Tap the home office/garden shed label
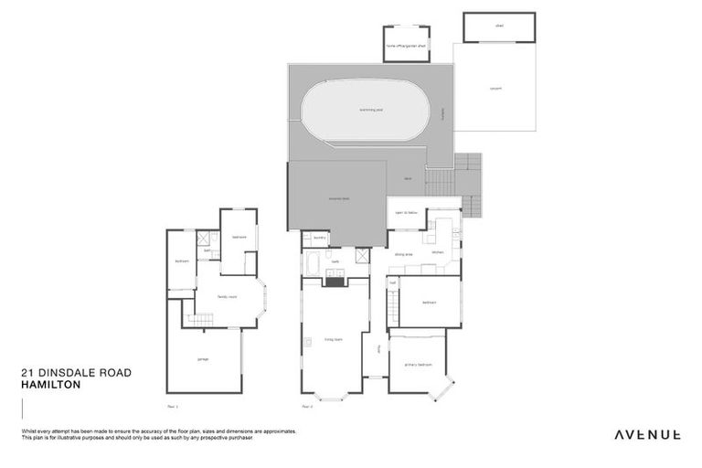(405, 45)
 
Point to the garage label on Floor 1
(203, 358)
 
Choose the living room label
(332, 339)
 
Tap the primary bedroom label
(416, 364)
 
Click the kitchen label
(437, 252)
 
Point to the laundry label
(319, 238)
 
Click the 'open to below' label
(406, 212)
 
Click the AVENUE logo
(646, 434)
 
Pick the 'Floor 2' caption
(307, 405)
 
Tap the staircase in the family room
(200, 318)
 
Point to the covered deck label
(339, 197)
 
